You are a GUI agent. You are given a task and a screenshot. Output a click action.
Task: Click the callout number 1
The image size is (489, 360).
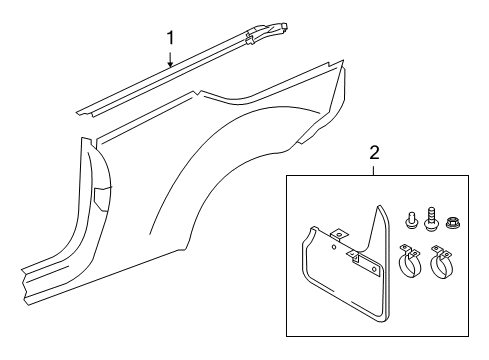coord(170,38)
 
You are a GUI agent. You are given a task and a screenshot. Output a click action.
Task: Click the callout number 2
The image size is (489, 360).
coord(375,153)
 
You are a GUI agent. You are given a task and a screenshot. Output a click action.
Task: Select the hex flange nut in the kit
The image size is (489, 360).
coord(452,222)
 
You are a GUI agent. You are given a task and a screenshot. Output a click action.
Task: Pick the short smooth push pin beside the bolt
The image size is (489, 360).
coord(410,221)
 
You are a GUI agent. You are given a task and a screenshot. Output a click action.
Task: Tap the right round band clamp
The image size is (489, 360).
coord(441,263)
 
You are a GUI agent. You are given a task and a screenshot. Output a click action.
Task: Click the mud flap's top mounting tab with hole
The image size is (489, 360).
coord(339,234)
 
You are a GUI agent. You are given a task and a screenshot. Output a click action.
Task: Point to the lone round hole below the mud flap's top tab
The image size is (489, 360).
coord(334,247)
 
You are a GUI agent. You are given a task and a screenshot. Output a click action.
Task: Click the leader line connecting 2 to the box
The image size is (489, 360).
coord(374,170)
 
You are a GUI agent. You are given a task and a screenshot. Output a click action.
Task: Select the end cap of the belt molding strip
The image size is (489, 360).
coord(269,31)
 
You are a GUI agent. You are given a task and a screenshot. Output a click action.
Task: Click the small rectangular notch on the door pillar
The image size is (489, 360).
coord(101,199)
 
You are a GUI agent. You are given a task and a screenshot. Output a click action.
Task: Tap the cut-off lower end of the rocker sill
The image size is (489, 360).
coord(26,287)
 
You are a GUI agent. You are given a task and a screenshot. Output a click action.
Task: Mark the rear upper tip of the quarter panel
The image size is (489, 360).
coord(343,60)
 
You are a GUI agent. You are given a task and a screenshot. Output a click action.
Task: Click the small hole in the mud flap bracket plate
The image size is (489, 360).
coord(374,269)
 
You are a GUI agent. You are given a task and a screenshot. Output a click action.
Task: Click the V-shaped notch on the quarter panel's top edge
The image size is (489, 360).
coord(199,93)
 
